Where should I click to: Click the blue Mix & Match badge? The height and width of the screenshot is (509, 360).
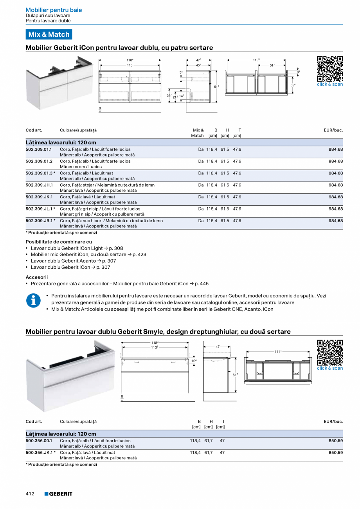click(49, 34)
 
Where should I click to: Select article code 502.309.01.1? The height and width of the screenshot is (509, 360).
click(39, 149)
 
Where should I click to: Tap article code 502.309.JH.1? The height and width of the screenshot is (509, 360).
click(39, 185)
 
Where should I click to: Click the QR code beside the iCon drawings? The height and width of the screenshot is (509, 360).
click(329, 69)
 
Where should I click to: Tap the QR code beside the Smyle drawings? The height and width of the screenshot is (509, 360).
click(329, 353)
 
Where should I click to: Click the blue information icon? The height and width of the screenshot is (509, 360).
click(33, 300)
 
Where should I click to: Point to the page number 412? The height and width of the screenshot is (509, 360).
click(30, 494)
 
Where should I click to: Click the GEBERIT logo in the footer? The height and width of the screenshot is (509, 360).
click(58, 494)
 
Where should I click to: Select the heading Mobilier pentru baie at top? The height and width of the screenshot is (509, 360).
click(54, 10)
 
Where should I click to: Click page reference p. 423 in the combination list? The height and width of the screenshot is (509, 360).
click(139, 254)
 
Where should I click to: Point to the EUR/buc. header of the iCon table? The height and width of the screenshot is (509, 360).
click(333, 130)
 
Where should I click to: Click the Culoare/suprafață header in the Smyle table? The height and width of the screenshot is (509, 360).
click(78, 422)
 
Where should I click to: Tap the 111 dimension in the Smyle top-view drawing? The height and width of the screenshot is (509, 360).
click(278, 352)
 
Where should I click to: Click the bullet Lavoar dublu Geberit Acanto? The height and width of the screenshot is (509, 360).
click(63, 261)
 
